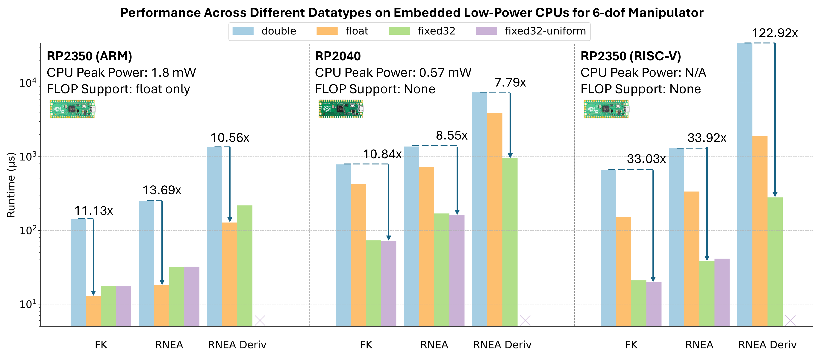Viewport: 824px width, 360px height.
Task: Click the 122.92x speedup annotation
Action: tap(774, 33)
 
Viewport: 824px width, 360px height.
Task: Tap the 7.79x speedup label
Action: tap(510, 83)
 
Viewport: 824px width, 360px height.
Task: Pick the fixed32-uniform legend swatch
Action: tap(486, 31)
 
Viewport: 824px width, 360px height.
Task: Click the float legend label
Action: tap(357, 31)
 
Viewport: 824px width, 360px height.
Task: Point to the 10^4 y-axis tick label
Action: tap(28, 83)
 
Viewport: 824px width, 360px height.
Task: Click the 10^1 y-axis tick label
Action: tap(28, 304)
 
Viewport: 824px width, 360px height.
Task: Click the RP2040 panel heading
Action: tap(338, 56)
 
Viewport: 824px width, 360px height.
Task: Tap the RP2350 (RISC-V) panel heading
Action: tap(631, 56)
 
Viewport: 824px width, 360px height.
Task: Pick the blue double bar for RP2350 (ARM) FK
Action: tap(78, 272)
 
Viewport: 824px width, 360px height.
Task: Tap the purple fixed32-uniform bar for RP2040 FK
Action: tap(388, 283)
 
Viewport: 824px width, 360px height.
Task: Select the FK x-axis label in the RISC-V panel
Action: tap(631, 345)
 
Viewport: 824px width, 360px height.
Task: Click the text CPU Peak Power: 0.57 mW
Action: tap(393, 73)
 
